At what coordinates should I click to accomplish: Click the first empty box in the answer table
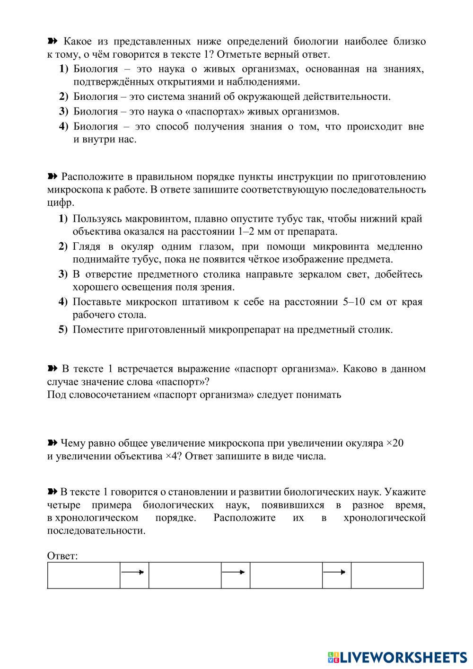tap(84, 575)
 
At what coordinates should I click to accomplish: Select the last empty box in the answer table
tap(387, 575)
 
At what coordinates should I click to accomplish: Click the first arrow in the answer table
tap(134, 572)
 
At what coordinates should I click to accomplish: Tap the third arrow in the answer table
tap(336, 572)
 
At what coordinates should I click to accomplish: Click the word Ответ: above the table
tap(62, 556)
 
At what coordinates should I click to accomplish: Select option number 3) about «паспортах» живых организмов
tap(64, 112)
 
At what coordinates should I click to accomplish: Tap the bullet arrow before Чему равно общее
tap(52, 443)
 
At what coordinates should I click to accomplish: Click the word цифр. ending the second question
tap(61, 203)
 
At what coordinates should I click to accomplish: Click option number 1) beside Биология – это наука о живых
tap(64, 69)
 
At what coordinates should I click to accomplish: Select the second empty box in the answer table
tap(185, 575)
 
